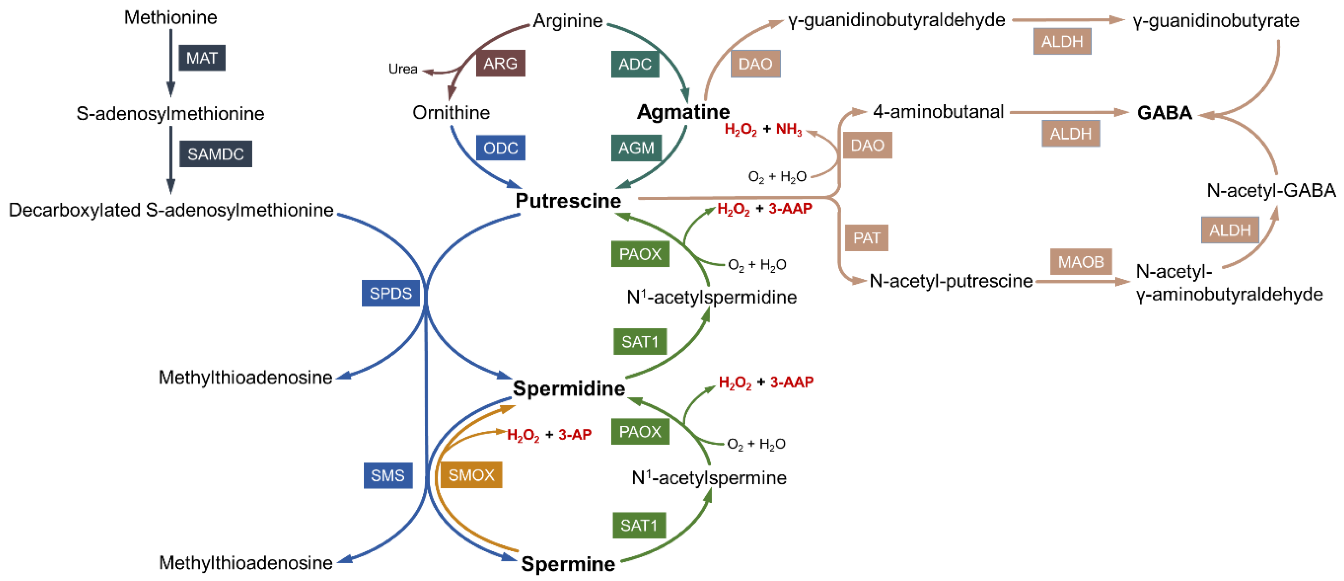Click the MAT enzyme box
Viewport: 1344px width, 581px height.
(x=202, y=58)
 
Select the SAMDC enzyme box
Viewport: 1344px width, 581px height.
(x=215, y=154)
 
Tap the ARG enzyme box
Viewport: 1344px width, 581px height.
(x=500, y=63)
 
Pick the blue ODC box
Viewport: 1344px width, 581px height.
(x=500, y=148)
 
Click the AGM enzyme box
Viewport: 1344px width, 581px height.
(x=636, y=148)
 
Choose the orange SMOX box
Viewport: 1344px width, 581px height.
(x=471, y=475)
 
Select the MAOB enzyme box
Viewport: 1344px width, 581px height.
(x=1080, y=262)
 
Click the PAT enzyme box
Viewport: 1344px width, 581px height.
(x=866, y=238)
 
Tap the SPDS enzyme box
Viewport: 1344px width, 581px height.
(x=390, y=293)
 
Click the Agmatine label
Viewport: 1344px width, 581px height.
(x=683, y=112)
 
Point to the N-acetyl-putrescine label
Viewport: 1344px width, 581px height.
(x=951, y=281)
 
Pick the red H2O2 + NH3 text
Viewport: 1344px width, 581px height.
(x=763, y=129)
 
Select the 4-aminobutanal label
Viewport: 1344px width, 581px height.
(x=938, y=112)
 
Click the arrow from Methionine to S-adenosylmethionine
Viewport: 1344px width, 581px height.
(x=171, y=63)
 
